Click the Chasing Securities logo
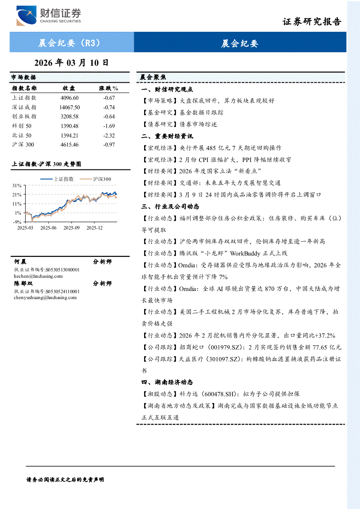[x=49, y=16]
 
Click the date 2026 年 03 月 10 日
[x=71, y=63]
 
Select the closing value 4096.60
[x=70, y=98]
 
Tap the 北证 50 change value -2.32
[x=109, y=135]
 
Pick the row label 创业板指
[x=24, y=117]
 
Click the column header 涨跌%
[x=109, y=88]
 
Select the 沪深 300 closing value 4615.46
[x=70, y=145]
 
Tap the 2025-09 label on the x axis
[x=71, y=227]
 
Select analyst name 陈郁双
[x=20, y=283]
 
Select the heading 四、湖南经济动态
[x=167, y=382]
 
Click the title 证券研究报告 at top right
[x=312, y=22]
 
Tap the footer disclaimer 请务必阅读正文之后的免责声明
[x=65, y=479]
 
